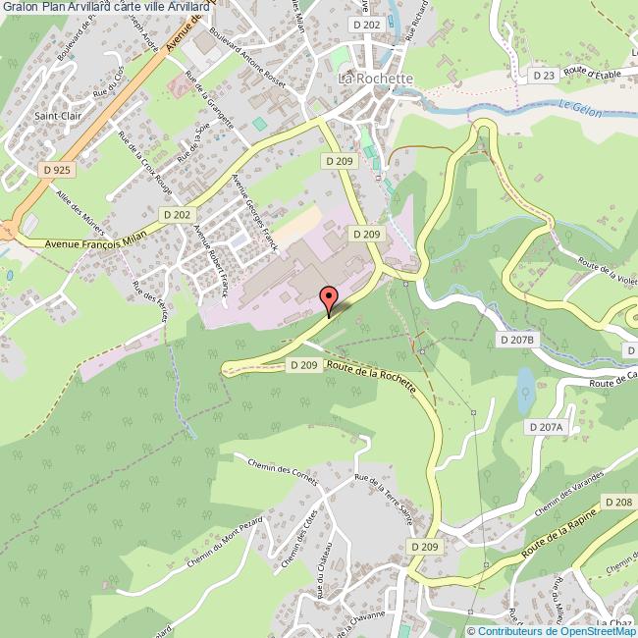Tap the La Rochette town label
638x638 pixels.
click(377, 78)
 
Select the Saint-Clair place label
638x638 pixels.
click(56, 115)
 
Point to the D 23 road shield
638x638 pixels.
click(545, 75)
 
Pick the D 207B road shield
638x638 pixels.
click(516, 340)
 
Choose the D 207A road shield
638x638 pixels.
click(546, 427)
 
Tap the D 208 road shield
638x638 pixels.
click(618, 502)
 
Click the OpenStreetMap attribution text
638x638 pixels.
click(551, 631)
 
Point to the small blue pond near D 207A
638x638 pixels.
click(526, 390)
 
